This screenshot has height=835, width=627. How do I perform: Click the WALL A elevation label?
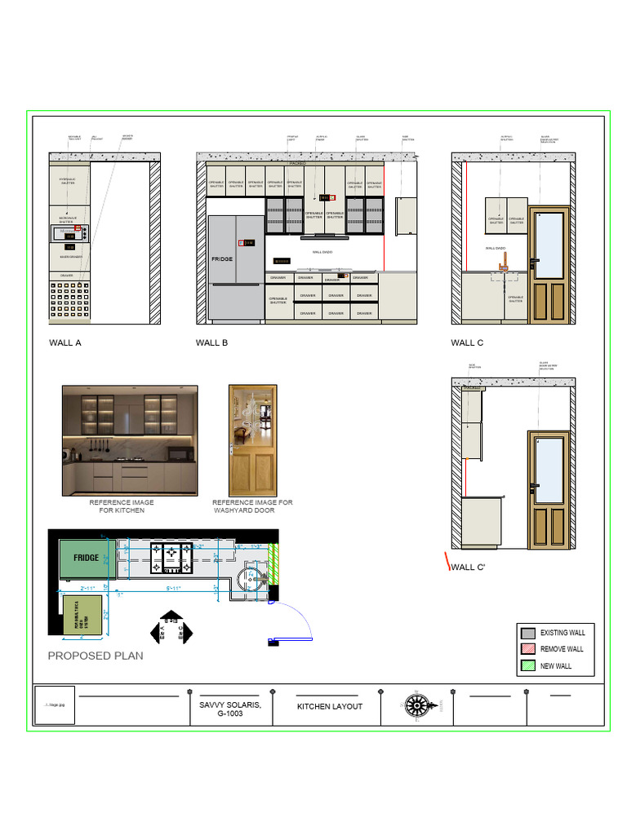tap(65, 343)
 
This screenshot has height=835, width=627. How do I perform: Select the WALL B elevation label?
tap(211, 343)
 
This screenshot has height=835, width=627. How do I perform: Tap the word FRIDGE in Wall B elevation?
tap(222, 258)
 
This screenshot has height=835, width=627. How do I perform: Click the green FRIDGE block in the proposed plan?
tap(86, 558)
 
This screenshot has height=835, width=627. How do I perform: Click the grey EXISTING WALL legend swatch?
tap(528, 634)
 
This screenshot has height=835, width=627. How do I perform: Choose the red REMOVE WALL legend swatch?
tap(528, 650)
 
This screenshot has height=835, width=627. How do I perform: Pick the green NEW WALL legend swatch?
tap(528, 666)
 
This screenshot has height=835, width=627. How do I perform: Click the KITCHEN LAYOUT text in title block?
tap(329, 707)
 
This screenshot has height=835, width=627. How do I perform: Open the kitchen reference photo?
tap(130, 440)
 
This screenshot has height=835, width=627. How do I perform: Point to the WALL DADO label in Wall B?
tap(323, 252)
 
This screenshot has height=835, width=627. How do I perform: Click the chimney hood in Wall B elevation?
tap(324, 237)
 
